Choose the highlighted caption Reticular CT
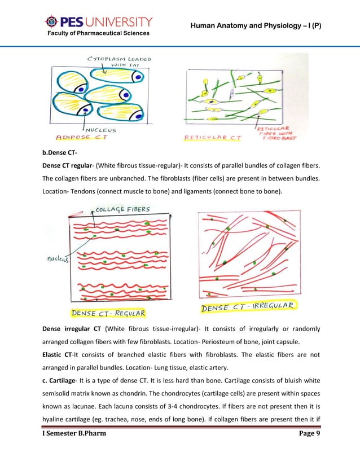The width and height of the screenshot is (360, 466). (213, 137)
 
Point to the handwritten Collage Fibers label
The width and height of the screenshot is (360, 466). (122, 209)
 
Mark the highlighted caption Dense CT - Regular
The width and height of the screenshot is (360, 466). (107, 313)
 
